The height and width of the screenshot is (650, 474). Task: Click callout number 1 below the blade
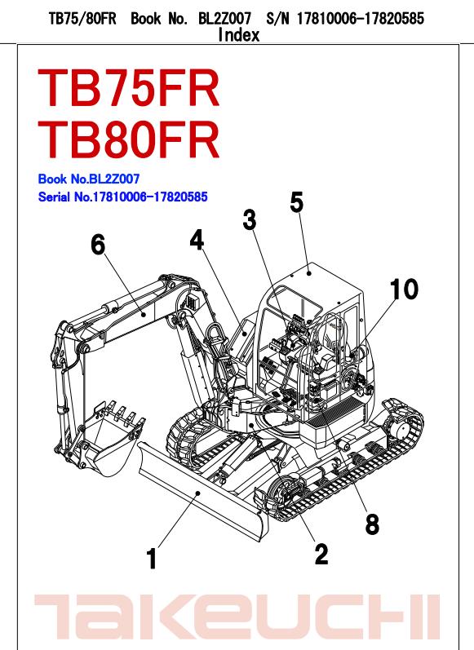151,559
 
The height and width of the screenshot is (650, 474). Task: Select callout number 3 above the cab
250,220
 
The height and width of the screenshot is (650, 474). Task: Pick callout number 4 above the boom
197,239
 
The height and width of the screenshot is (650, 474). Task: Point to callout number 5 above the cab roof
297,201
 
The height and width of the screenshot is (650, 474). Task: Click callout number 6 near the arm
98,244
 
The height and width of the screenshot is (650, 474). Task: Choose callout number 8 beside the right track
372,524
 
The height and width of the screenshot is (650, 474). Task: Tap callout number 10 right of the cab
404,289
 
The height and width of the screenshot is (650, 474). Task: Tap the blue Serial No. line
122,197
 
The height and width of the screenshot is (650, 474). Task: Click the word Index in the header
239,35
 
